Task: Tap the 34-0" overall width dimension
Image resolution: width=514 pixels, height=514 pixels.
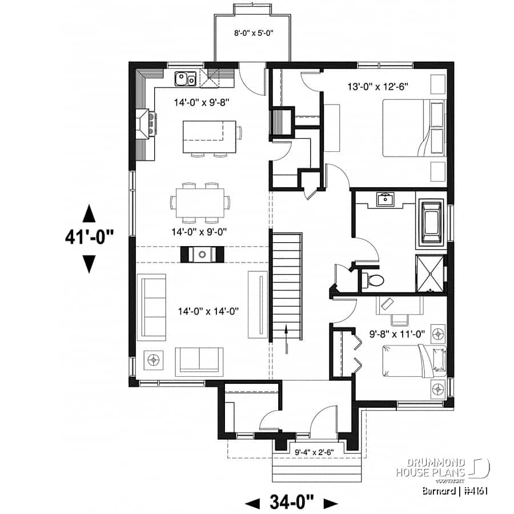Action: (291, 503)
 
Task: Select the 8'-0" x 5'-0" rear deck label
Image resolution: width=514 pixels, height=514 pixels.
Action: (251, 33)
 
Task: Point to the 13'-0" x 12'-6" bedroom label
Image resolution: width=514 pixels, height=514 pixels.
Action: (378, 86)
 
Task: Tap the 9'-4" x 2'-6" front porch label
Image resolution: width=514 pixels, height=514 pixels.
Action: (315, 452)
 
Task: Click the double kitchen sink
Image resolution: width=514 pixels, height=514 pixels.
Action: (186, 78)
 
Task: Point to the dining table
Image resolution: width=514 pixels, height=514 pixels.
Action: (200, 203)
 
